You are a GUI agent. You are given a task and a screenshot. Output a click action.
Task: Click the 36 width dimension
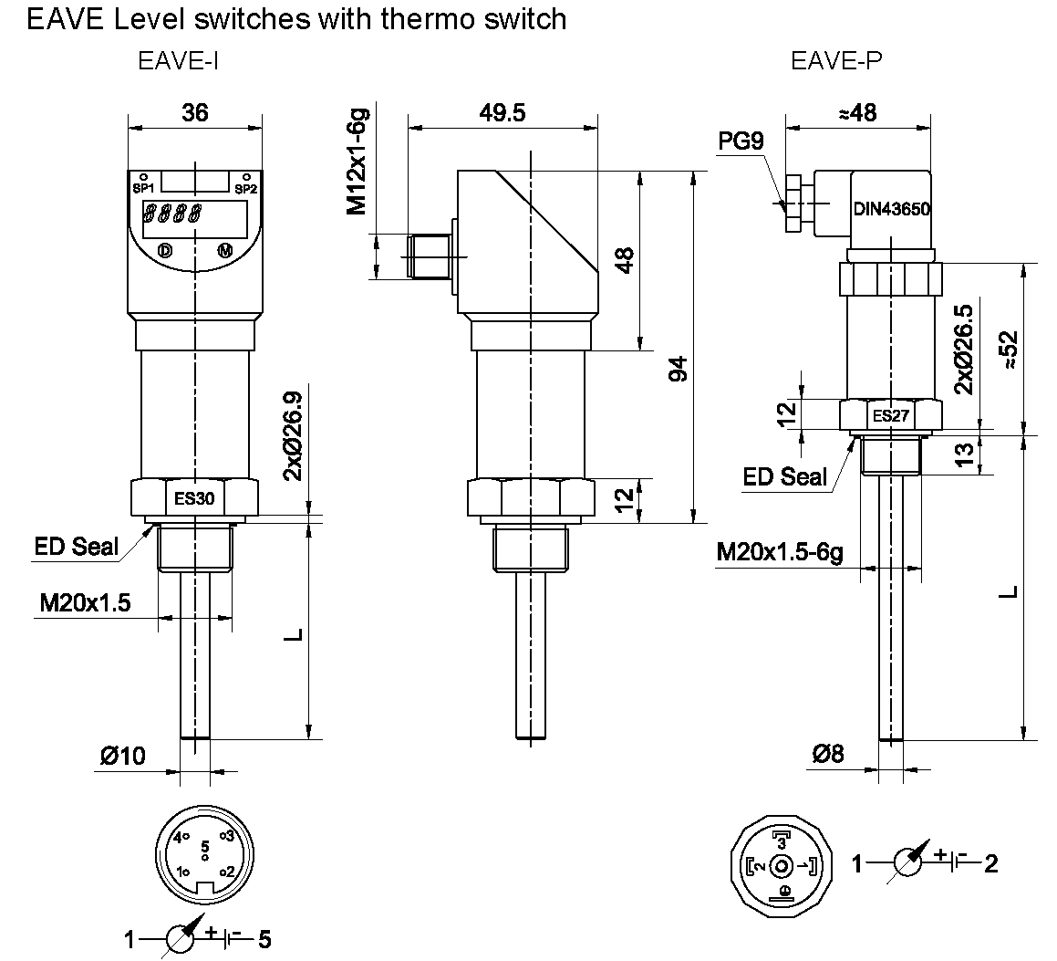(x=195, y=112)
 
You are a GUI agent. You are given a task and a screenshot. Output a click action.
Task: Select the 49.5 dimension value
(x=503, y=112)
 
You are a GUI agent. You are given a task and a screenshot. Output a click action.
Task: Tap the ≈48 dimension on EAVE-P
(x=857, y=112)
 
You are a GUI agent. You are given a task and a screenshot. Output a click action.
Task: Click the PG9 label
(x=740, y=141)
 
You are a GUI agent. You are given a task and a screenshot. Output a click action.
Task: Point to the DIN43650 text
(x=891, y=209)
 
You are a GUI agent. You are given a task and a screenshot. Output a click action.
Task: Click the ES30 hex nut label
(x=195, y=498)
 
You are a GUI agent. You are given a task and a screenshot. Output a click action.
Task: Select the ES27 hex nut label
(x=890, y=416)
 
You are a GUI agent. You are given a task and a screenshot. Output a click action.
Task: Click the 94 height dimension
(x=676, y=369)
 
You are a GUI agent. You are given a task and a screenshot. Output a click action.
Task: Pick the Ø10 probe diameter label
(x=123, y=756)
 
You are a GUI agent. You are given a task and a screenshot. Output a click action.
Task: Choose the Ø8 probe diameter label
(x=828, y=754)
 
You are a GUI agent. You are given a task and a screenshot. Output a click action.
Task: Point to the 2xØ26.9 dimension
(x=292, y=435)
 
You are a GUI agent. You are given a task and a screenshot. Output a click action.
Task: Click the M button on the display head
(x=224, y=250)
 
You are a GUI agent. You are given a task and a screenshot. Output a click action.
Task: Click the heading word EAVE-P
(x=835, y=61)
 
